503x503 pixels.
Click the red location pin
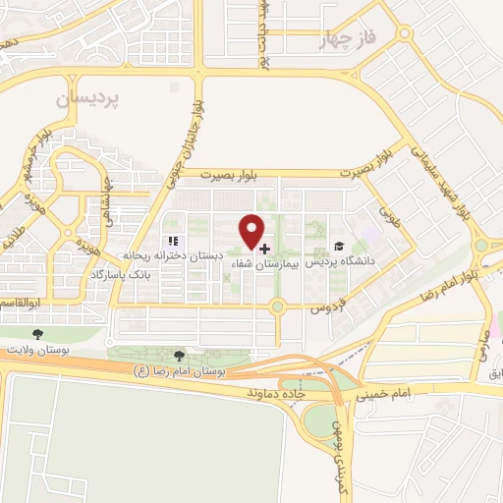252,231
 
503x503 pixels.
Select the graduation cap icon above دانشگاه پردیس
338,248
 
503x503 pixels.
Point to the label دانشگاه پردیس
347,263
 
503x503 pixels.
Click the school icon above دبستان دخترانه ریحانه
172,241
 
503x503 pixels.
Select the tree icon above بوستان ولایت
38,335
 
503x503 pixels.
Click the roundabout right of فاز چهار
406,33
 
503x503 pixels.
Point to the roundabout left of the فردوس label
278,307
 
